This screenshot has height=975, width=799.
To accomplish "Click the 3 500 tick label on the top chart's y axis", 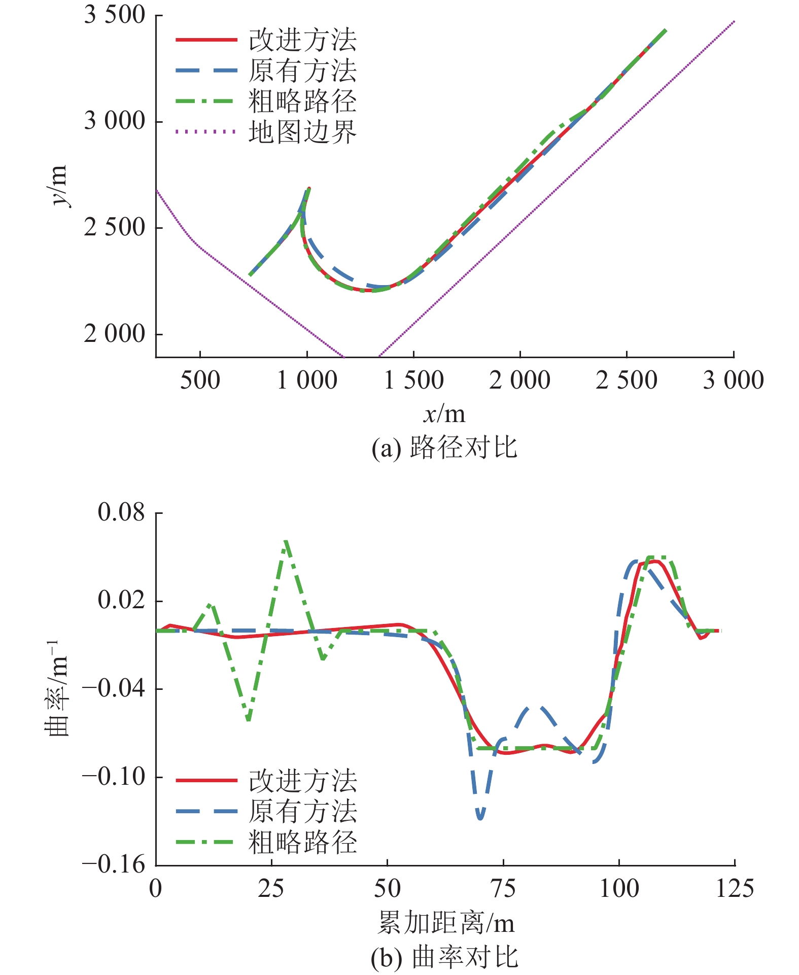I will pos(114,15).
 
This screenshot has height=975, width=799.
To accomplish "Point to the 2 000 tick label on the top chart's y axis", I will pos(114,334).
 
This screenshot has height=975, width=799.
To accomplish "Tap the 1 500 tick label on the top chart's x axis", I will pos(413,380).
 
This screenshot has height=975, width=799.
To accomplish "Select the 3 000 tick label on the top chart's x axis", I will pos(733,380).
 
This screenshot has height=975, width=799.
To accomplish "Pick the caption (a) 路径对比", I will pos(444,448).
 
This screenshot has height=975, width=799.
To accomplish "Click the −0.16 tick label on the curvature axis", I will pos(114,864).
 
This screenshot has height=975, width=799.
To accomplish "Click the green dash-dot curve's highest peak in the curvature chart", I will pos(286,541).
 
